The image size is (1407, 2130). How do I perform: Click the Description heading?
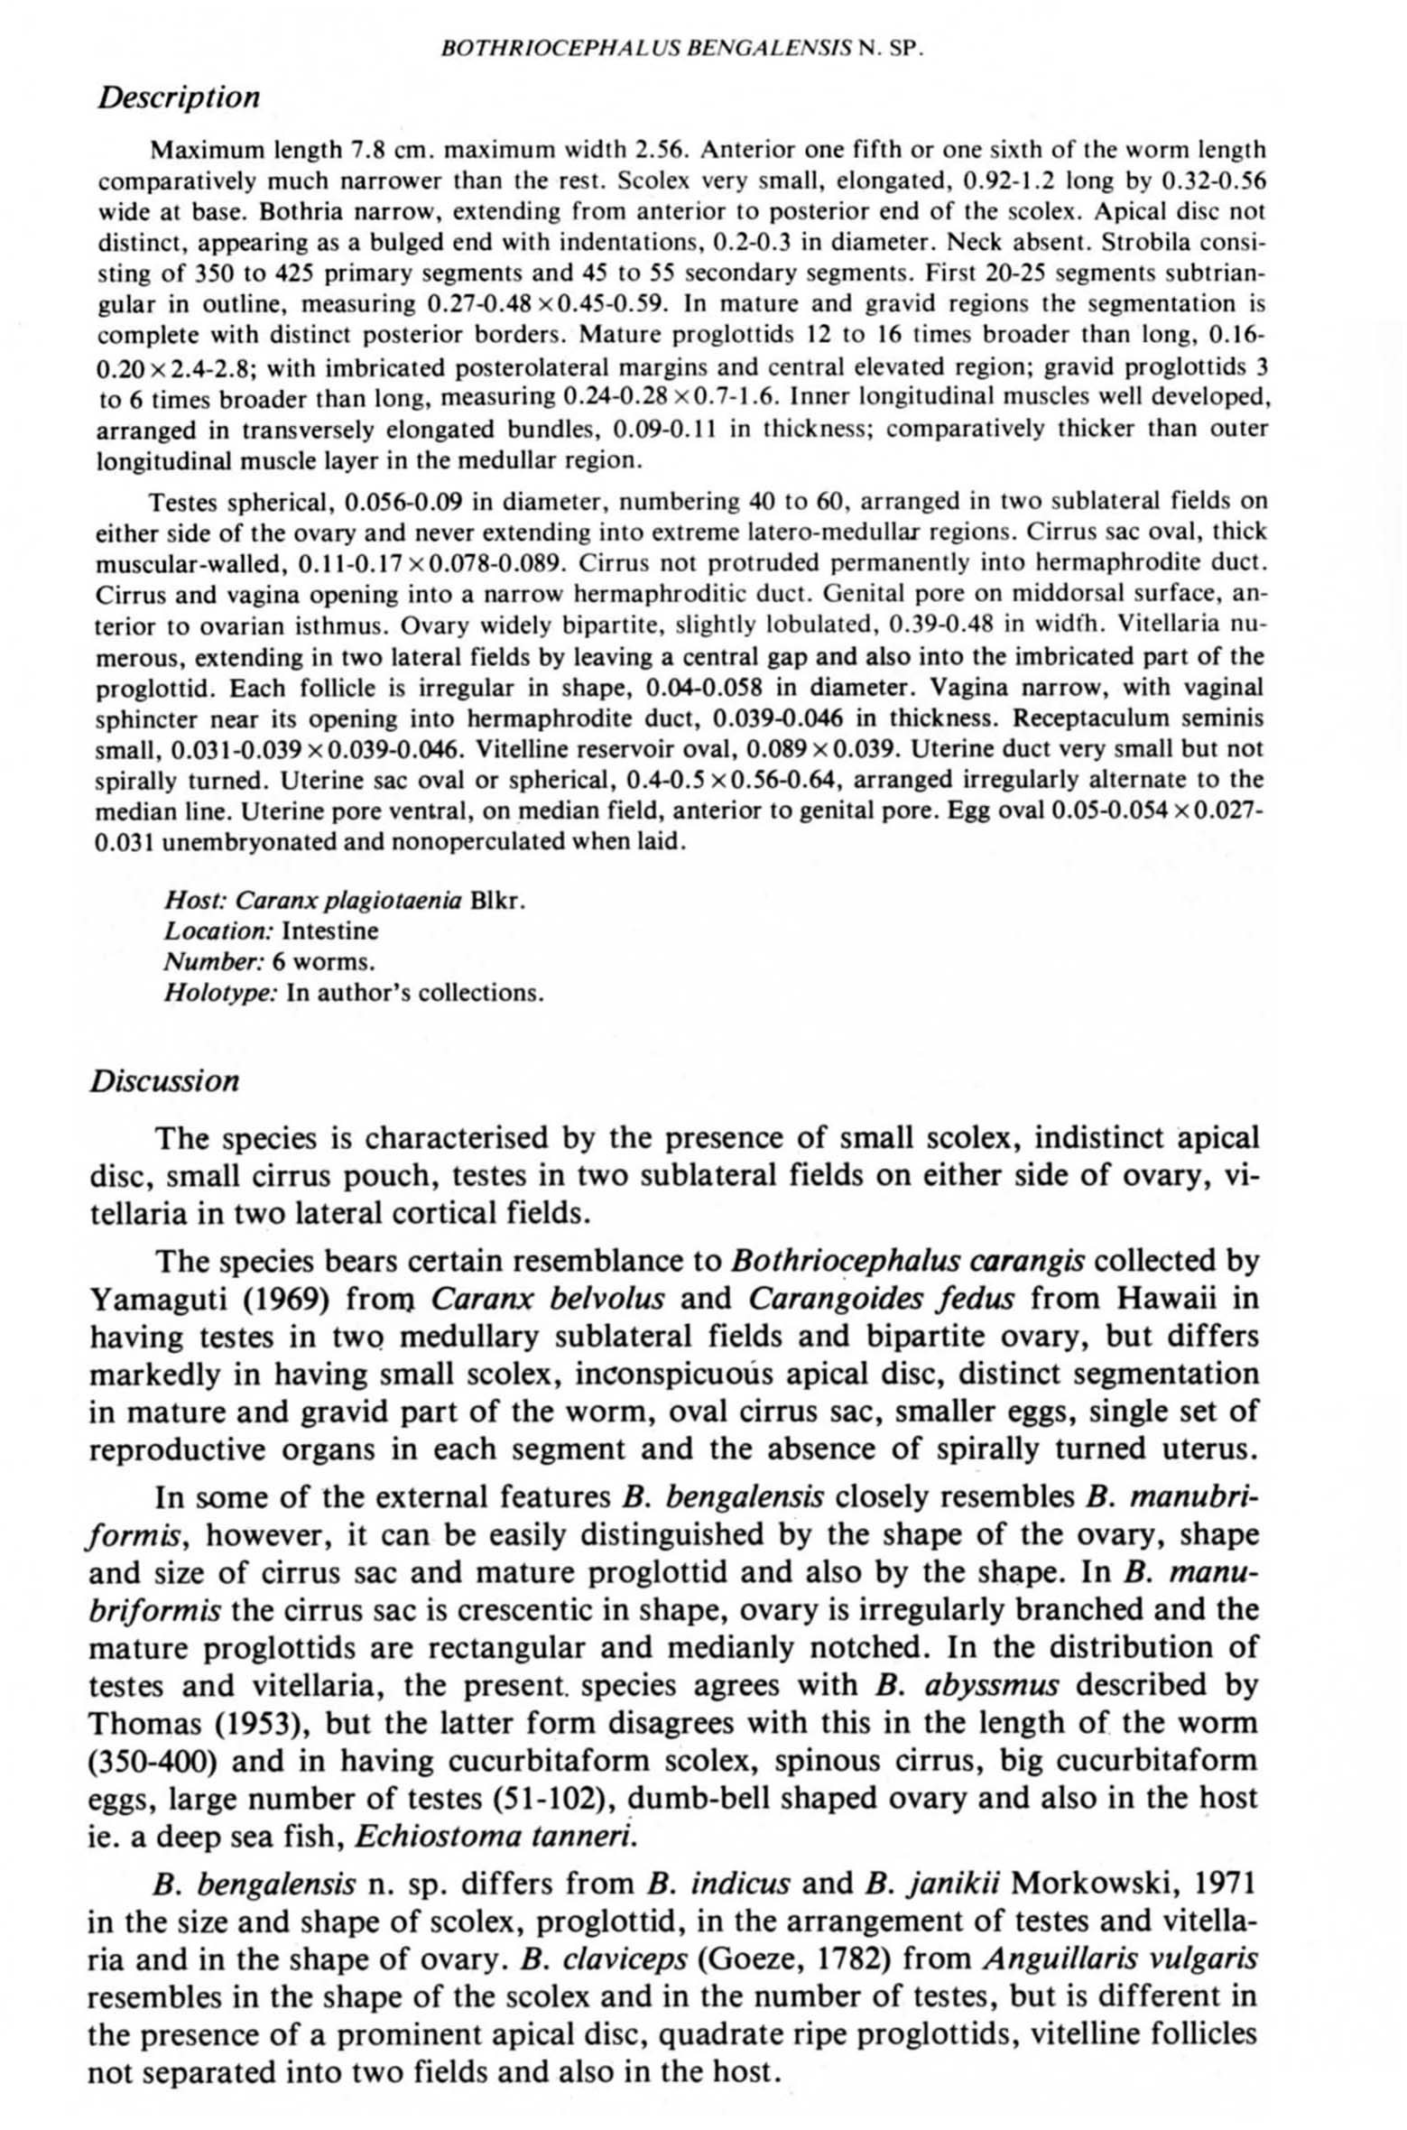coord(179,97)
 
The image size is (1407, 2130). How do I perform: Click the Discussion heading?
coord(164,1081)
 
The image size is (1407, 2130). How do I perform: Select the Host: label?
coord(197,901)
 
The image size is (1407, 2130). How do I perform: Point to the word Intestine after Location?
coord(330,931)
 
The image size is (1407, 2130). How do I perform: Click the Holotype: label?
coord(220,994)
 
